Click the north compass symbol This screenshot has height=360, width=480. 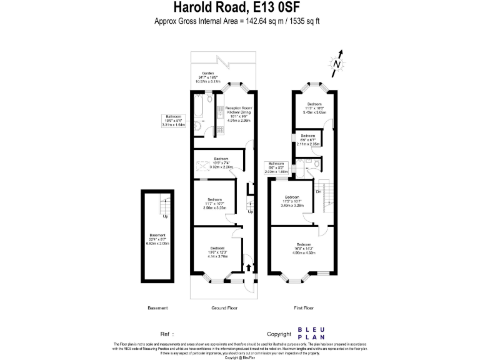[337, 63]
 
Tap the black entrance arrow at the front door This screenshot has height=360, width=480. [250, 267]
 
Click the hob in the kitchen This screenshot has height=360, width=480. [221, 113]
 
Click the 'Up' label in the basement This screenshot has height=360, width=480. [166, 216]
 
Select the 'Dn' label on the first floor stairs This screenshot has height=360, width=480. [318, 191]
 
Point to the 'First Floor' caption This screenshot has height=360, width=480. [303, 308]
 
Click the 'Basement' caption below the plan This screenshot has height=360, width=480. [157, 308]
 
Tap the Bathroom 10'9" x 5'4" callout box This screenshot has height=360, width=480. [173, 121]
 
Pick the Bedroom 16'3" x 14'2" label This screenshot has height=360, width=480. [304, 248]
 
